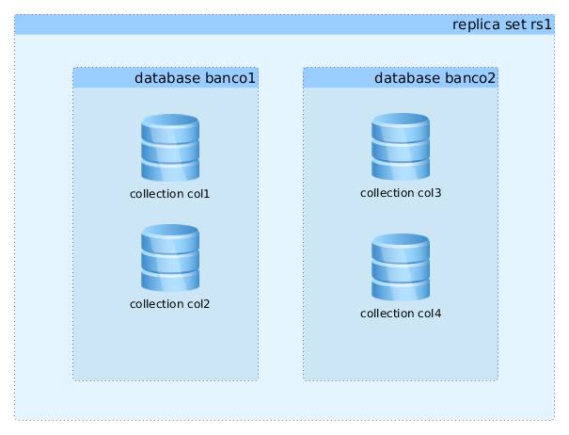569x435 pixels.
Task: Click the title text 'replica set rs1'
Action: pyautogui.click(x=501, y=24)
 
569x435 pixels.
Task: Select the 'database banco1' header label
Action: pyautogui.click(x=195, y=77)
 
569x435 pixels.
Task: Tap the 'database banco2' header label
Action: pyautogui.click(x=435, y=77)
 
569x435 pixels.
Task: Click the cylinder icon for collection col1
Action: pyautogui.click(x=170, y=148)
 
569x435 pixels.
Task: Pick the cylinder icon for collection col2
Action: pyautogui.click(x=170, y=258)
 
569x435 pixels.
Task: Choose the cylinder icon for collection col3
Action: pyautogui.click(x=401, y=147)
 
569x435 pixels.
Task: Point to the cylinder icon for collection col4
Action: pyautogui.click(x=401, y=266)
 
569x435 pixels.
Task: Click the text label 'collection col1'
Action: pyautogui.click(x=170, y=194)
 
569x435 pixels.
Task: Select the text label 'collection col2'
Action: pyautogui.click(x=170, y=304)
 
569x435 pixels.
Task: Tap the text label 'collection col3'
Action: pyautogui.click(x=401, y=193)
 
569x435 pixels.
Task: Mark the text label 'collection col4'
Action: pyautogui.click(x=401, y=313)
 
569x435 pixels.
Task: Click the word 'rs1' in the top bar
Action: pyautogui.click(x=541, y=24)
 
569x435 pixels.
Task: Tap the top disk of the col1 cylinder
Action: pyautogui.click(x=170, y=126)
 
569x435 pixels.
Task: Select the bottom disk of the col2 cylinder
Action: pyautogui.click(x=170, y=280)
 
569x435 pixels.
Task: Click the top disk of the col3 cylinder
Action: pyautogui.click(x=401, y=125)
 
